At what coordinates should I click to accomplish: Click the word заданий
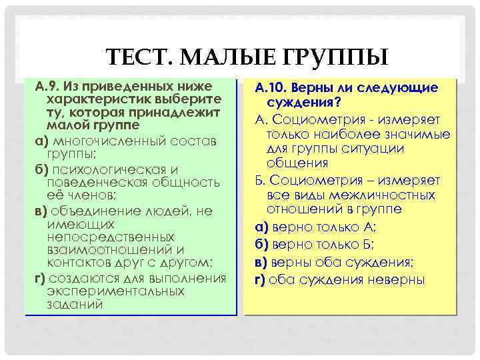tap(75, 304)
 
